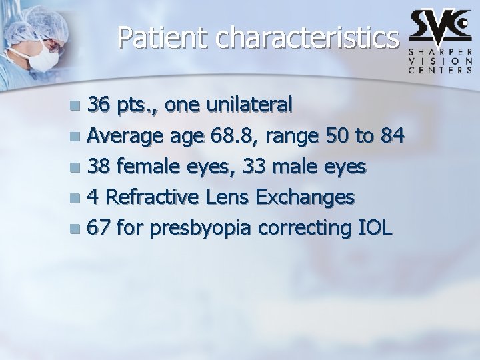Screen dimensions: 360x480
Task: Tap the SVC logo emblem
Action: (x=440, y=25)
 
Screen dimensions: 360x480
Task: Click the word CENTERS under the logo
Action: (x=441, y=69)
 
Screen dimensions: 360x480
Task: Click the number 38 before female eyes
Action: (x=99, y=167)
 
